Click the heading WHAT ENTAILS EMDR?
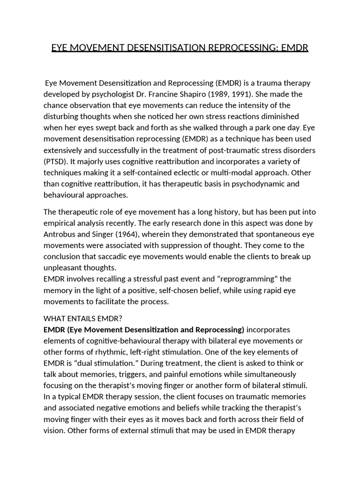point(83,318)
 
